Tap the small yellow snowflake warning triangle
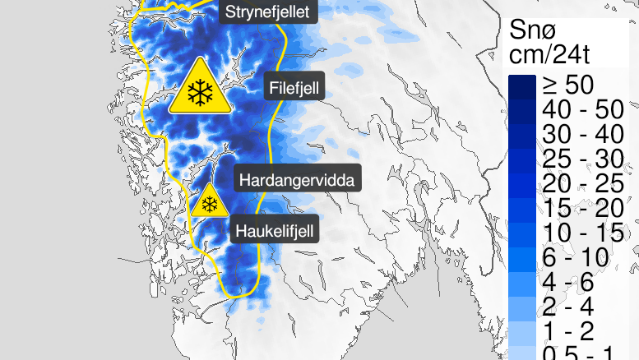click(x=210, y=203)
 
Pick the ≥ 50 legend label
click(x=567, y=85)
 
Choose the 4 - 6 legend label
click(x=567, y=282)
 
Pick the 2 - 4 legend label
click(x=567, y=307)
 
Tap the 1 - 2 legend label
click(x=567, y=331)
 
